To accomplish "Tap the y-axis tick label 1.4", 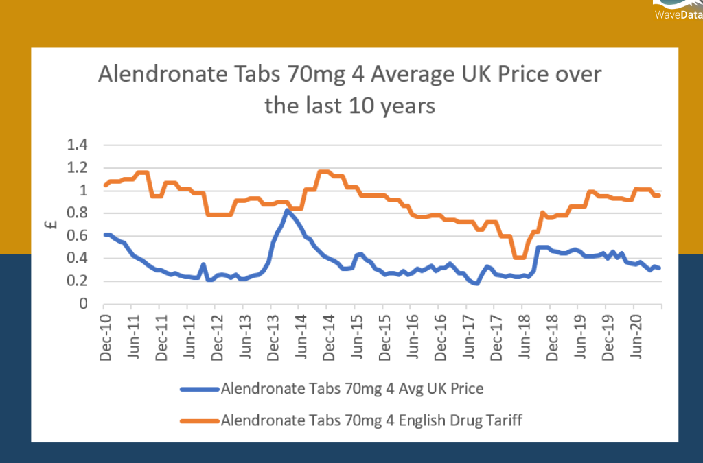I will click(x=78, y=145).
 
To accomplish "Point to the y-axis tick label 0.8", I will click(x=78, y=213).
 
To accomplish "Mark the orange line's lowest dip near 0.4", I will click(x=519, y=257).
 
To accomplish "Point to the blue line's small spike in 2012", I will click(x=203, y=264).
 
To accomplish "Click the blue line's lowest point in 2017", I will click(x=476, y=283).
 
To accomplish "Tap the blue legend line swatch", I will click(x=199, y=389).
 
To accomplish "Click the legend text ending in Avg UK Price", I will click(x=352, y=389).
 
